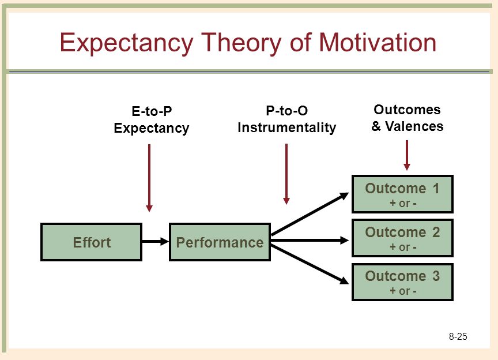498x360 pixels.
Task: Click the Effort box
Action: [92, 242]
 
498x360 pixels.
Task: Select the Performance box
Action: [220, 242]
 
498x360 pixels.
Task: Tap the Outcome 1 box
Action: [402, 194]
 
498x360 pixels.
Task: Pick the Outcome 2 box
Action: [402, 238]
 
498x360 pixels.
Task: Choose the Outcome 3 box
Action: [402, 282]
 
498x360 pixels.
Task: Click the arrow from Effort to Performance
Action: [155, 241]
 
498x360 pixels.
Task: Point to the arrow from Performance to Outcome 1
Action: [310, 214]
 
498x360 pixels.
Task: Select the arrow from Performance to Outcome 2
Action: [310, 240]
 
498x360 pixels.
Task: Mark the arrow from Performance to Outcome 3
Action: [310, 265]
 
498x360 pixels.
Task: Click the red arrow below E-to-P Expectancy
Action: [149, 178]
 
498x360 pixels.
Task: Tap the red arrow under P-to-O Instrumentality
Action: [286, 174]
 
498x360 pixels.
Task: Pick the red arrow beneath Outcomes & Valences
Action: [407, 155]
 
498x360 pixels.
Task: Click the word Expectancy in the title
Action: [126, 43]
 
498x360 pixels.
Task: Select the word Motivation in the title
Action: [378, 42]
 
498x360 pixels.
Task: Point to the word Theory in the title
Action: [241, 43]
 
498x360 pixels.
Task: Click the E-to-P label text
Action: [152, 111]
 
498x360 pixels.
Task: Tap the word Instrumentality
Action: [287, 127]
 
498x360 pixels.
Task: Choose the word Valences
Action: [414, 126]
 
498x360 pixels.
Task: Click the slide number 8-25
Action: [458, 336]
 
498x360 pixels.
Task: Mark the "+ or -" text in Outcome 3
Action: [403, 291]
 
